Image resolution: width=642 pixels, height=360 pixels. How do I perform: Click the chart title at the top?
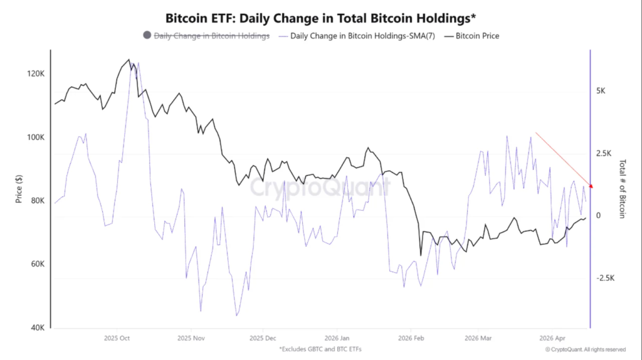(320, 17)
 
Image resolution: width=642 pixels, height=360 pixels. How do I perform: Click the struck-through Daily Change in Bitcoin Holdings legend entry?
(212, 36)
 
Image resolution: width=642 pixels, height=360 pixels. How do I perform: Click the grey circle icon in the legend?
(147, 36)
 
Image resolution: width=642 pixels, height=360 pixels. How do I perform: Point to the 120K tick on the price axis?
(34, 74)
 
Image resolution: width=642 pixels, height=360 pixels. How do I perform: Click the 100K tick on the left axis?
(34, 137)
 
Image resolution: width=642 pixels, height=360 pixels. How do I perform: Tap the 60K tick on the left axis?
(36, 264)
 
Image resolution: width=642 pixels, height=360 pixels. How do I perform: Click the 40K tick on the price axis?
(36, 328)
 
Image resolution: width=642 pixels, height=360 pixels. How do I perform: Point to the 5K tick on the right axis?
(601, 91)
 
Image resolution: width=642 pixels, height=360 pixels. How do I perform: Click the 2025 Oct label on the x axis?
(117, 337)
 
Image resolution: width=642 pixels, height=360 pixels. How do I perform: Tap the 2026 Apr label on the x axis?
(552, 337)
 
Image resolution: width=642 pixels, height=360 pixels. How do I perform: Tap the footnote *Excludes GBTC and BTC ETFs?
(320, 349)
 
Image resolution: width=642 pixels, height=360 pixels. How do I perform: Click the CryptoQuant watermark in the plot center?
(320, 187)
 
